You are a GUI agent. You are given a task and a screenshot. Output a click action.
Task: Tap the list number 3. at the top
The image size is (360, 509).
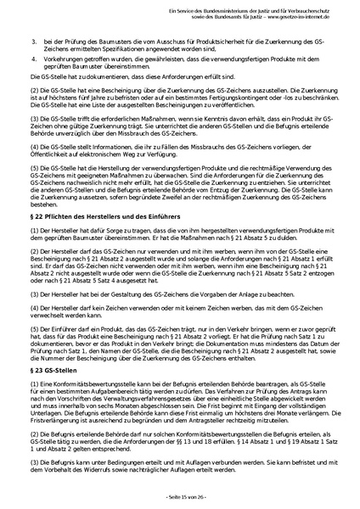(34, 41)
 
